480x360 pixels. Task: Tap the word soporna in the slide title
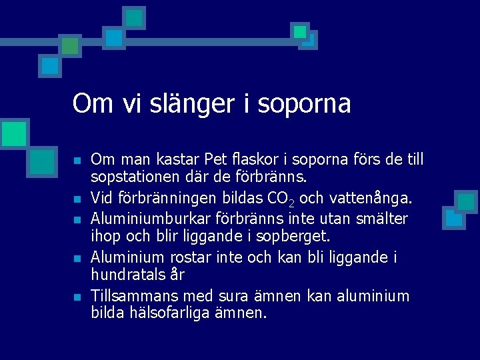303,104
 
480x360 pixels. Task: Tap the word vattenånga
376,198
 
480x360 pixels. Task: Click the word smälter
384,218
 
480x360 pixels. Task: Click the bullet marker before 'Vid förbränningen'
77,199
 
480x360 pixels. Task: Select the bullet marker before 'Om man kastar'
77,161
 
